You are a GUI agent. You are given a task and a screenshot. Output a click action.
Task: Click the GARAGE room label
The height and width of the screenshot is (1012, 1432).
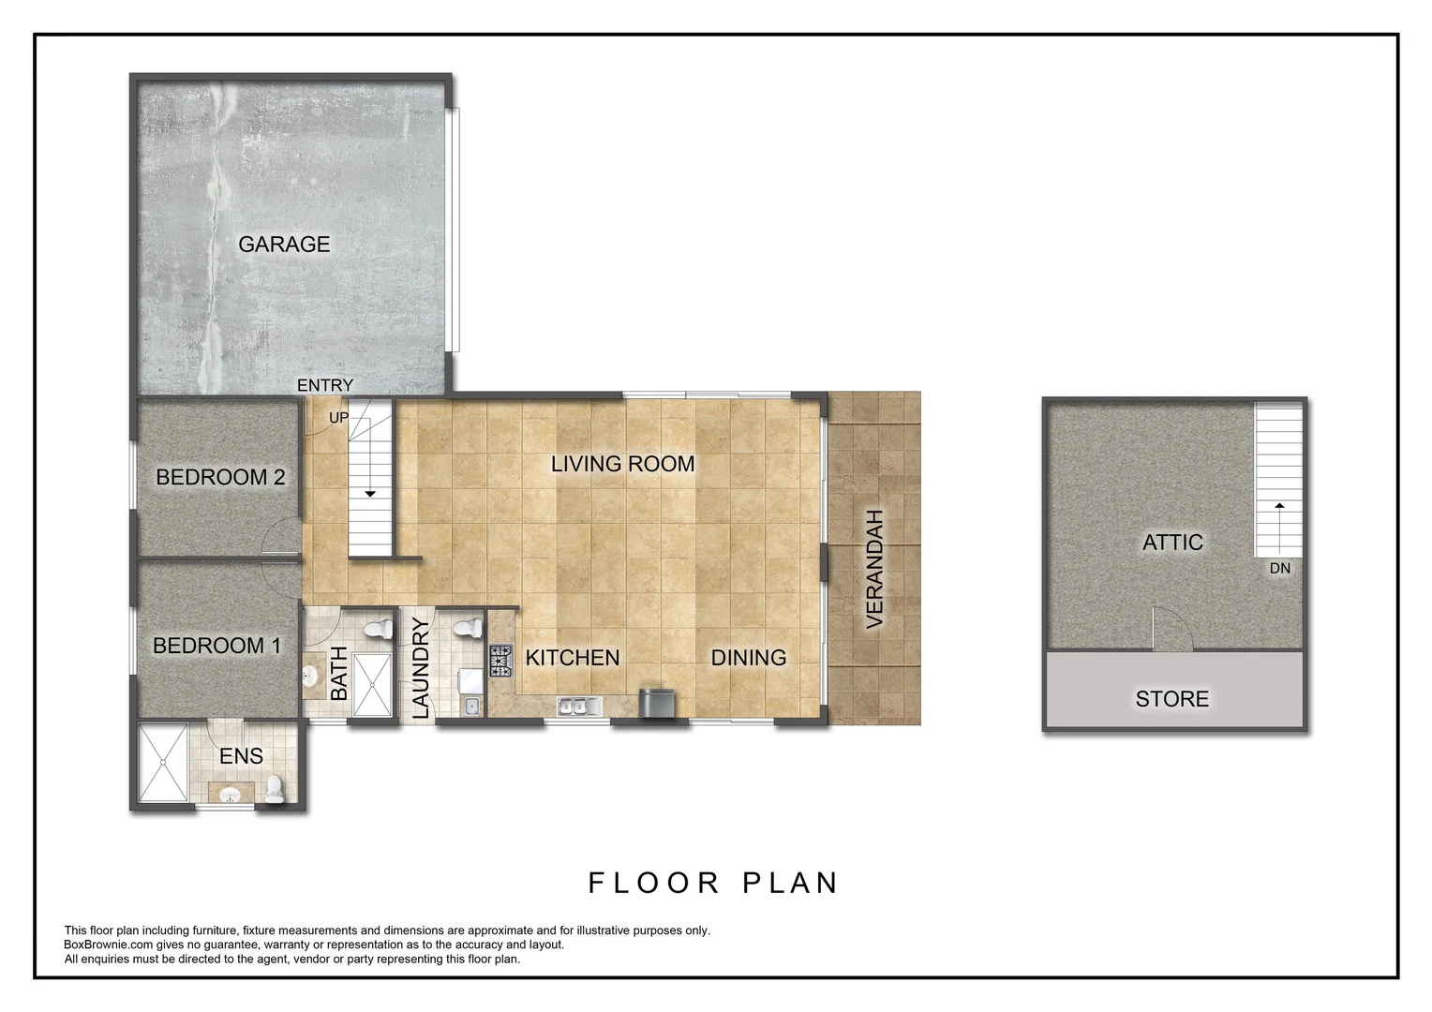(284, 245)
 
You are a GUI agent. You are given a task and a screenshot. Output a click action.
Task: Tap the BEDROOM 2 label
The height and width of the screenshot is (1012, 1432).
(220, 477)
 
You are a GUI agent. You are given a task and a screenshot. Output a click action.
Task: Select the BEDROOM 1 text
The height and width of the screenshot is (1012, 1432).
(216, 646)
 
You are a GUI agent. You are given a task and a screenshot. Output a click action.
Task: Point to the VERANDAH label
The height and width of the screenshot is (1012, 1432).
(873, 570)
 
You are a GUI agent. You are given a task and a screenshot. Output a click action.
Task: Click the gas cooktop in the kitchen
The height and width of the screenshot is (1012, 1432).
(501, 661)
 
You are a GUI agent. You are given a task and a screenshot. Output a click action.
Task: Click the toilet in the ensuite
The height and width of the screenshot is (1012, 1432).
(275, 790)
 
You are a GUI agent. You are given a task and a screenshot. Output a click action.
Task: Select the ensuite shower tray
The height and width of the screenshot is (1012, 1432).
(163, 763)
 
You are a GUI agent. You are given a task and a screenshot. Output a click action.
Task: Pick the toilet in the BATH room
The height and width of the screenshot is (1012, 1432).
(380, 628)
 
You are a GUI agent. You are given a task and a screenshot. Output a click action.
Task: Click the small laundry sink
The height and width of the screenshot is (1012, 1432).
(471, 707)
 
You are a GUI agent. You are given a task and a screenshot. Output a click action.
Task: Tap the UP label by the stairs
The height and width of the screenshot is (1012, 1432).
(338, 418)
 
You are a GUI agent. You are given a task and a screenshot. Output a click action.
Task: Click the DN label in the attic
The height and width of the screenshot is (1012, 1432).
(1280, 569)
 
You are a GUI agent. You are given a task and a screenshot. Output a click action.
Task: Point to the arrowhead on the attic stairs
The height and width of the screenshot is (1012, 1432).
(1279, 506)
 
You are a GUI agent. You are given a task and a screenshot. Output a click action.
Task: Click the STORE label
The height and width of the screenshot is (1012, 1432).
(1171, 699)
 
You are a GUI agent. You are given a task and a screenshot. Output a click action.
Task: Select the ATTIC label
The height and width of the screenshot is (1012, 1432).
(1172, 543)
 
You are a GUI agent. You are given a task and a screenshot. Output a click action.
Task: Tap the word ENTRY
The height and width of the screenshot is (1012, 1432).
(325, 385)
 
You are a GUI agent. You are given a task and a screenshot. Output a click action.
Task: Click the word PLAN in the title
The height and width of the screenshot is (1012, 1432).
(790, 883)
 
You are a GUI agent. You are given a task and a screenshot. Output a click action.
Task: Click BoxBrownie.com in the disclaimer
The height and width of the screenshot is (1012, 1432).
(108, 945)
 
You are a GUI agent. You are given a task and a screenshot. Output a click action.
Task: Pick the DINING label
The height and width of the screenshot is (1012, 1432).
(749, 657)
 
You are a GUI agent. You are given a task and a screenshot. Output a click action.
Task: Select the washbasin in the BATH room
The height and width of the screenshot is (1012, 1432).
(311, 675)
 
